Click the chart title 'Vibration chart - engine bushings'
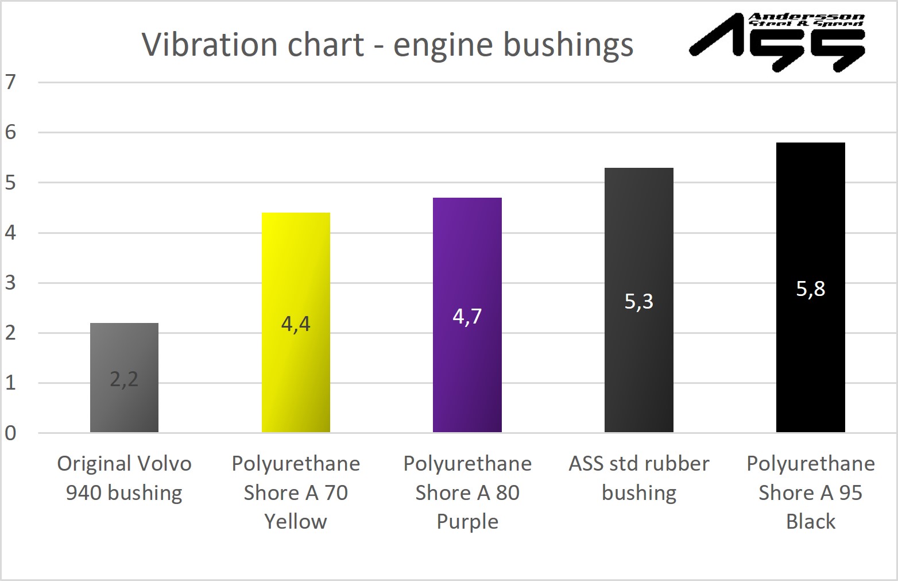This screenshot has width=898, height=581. (x=388, y=44)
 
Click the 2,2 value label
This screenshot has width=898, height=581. (x=124, y=379)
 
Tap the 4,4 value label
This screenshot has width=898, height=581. (x=296, y=324)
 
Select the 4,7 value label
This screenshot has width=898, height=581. (x=467, y=316)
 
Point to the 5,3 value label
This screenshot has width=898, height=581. (x=638, y=301)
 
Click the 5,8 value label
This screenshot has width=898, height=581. (x=810, y=288)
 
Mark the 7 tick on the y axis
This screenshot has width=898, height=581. (x=10, y=82)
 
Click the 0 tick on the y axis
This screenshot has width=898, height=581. (x=10, y=433)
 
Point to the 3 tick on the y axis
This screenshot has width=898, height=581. (x=10, y=283)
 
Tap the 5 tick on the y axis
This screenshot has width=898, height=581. (x=10, y=183)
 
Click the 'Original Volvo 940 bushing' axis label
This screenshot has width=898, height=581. (x=124, y=478)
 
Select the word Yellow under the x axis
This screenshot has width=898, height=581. (x=296, y=521)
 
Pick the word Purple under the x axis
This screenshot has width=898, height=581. (x=467, y=521)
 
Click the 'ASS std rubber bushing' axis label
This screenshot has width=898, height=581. (x=638, y=478)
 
